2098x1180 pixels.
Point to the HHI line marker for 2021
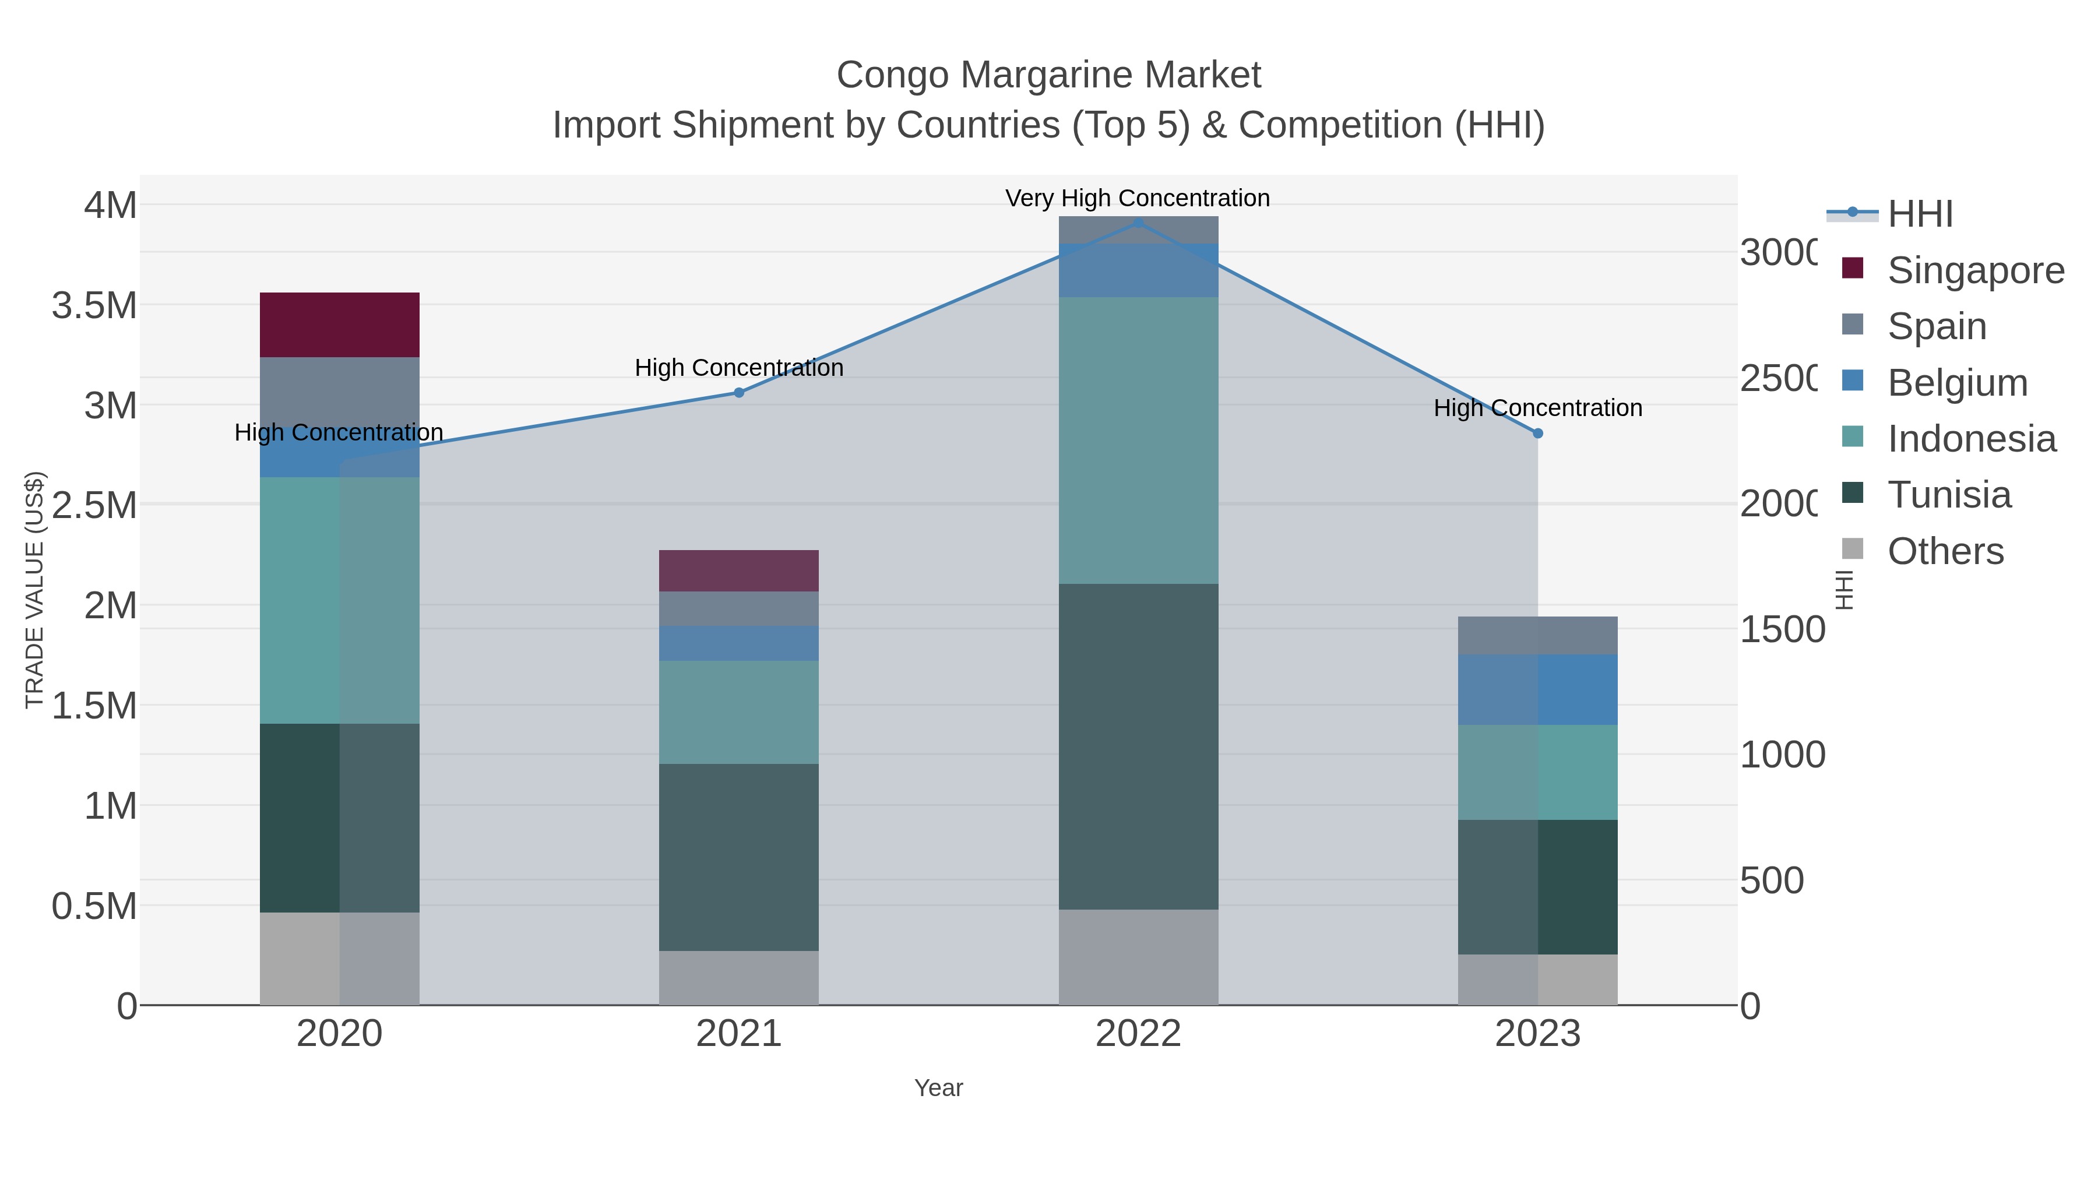739,393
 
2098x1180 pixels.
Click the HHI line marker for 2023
1538,433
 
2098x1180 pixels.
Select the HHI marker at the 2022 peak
1138,223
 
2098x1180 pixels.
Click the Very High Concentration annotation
1137,198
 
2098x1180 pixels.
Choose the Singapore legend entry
1975,270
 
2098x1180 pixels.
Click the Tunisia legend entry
1948,494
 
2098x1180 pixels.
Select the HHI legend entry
1919,213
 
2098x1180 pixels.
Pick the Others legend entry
1945,551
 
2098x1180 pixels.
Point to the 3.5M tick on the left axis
94,305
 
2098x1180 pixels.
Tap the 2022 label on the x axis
1138,1033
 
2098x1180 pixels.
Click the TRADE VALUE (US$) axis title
34,590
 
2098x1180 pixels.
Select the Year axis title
938,1088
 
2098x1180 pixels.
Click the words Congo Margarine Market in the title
1048,75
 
